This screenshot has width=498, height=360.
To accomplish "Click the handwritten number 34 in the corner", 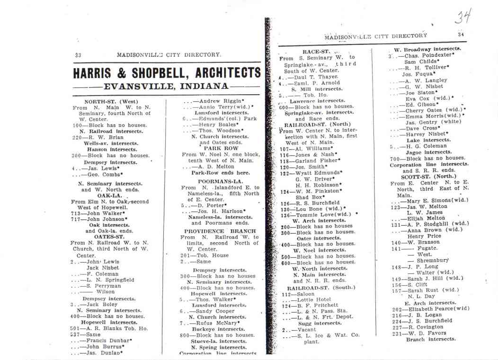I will tap(463, 18).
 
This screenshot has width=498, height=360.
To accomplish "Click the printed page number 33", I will tap(78, 55).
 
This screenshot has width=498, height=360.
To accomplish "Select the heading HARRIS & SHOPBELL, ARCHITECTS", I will tap(167, 73).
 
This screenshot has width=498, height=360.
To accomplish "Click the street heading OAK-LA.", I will tap(110, 195).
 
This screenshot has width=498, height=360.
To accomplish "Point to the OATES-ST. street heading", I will tap(109, 237).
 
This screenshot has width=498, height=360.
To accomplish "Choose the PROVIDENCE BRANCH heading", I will tap(220, 231).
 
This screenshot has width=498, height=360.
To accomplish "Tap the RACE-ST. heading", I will tap(316, 52).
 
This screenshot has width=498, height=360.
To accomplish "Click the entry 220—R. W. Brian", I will tap(98, 137).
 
